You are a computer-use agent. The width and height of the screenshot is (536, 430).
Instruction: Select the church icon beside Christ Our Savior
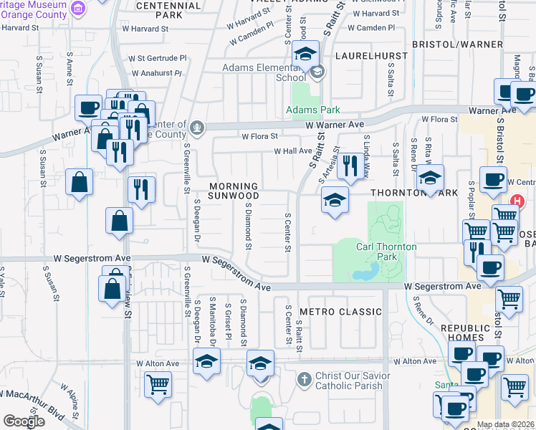coord(304,378)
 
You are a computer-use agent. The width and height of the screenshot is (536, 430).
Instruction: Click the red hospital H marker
coord(517,203)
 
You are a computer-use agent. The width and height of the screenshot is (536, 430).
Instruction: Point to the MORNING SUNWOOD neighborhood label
coord(234,191)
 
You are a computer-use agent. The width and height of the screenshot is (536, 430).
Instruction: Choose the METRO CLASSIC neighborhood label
coord(340,312)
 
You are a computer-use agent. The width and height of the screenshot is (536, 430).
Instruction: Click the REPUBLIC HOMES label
coord(467,333)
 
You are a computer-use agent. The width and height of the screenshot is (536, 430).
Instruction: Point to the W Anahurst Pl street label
coord(157,73)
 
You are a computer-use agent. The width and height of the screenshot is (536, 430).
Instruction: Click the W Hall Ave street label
coord(293,151)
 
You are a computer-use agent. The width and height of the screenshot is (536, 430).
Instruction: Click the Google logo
coord(24,421)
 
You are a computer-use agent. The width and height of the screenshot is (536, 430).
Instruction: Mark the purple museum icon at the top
coord(80,8)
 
